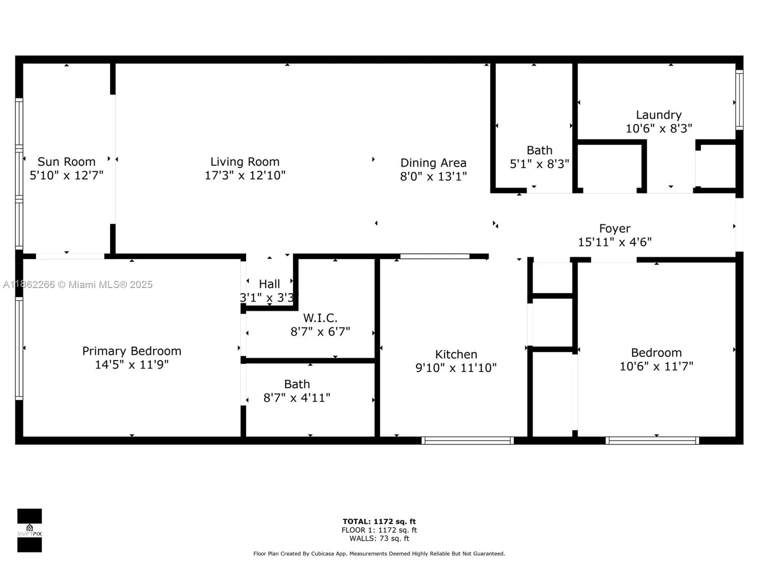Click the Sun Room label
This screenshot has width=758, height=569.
(x=66, y=162)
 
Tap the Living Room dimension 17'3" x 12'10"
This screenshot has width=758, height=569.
(x=245, y=176)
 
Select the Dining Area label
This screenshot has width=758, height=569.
(x=433, y=163)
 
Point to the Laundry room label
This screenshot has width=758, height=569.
(x=659, y=115)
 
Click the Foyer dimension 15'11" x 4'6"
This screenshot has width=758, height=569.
(x=614, y=242)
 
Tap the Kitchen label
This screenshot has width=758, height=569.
(x=456, y=354)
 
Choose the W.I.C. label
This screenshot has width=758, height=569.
(x=320, y=318)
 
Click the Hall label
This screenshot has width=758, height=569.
(x=269, y=284)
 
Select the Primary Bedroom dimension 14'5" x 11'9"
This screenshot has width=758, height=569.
(x=132, y=365)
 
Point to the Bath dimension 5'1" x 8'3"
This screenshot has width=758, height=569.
(x=539, y=164)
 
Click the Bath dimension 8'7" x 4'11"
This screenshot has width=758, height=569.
(x=297, y=398)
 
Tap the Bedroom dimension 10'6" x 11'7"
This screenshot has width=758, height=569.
(x=656, y=366)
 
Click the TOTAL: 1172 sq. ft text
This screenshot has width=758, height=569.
(x=379, y=522)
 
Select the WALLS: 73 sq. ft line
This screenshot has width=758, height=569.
(x=379, y=538)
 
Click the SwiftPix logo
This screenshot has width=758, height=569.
(x=30, y=530)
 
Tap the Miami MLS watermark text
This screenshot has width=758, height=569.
(x=78, y=284)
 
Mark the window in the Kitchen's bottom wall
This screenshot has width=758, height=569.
(x=467, y=440)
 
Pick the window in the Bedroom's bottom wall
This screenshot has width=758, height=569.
(x=652, y=440)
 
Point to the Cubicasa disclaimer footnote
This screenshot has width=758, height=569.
(x=379, y=554)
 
